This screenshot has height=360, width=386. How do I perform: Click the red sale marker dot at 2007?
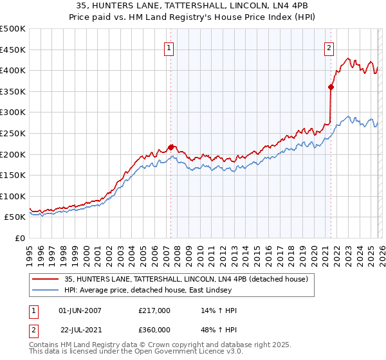coord(170,147)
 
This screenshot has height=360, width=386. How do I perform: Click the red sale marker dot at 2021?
coord(331,87)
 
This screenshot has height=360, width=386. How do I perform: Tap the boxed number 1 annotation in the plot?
coord(169,47)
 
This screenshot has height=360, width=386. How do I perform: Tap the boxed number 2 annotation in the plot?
coord(329,47)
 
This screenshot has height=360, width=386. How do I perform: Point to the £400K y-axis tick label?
coord(13,70)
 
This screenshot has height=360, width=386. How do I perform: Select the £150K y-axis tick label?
coord(13,175)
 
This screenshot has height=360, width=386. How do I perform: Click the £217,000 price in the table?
coord(154,310)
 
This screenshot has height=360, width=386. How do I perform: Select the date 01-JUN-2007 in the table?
coord(80,310)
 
